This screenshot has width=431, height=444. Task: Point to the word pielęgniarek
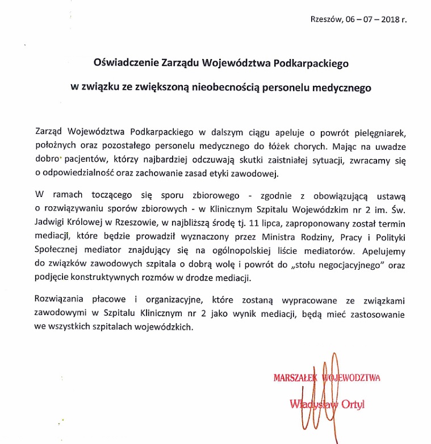click(x=380, y=133)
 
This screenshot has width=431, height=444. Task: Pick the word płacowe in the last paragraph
click(x=97, y=301)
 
